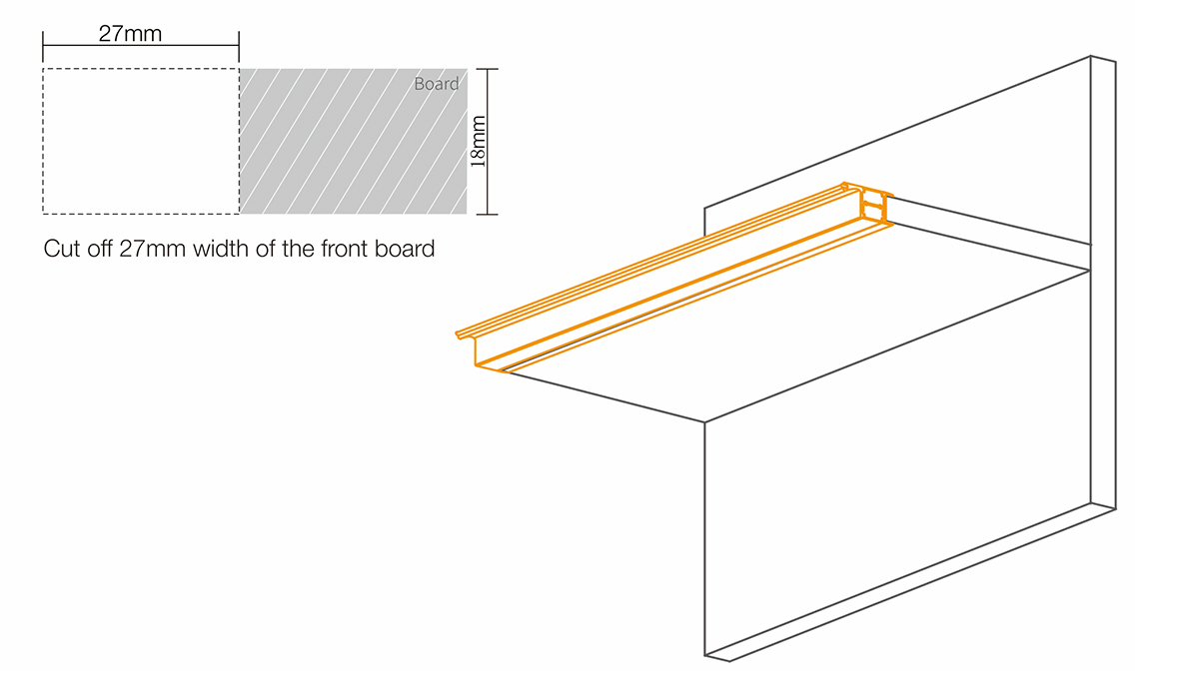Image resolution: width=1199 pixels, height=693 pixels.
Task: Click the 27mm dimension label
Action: tap(130, 33)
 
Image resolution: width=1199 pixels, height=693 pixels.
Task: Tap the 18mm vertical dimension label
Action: tap(479, 142)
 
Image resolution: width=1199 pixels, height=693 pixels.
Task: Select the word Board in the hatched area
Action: tap(437, 84)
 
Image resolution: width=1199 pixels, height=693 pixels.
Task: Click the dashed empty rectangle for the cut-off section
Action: tap(140, 141)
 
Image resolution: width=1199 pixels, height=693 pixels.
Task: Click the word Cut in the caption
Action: tap(62, 249)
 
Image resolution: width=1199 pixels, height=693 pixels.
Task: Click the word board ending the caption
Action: tap(407, 249)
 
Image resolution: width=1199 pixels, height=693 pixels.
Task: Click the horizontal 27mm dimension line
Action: tap(140, 46)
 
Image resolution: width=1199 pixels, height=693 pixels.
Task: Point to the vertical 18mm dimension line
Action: tap(487, 141)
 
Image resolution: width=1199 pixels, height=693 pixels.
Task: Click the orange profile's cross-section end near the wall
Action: tap(875, 207)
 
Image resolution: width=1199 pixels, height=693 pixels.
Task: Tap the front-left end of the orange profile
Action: tap(470, 345)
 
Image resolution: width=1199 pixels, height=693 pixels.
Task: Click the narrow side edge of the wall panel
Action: tap(1102, 280)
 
